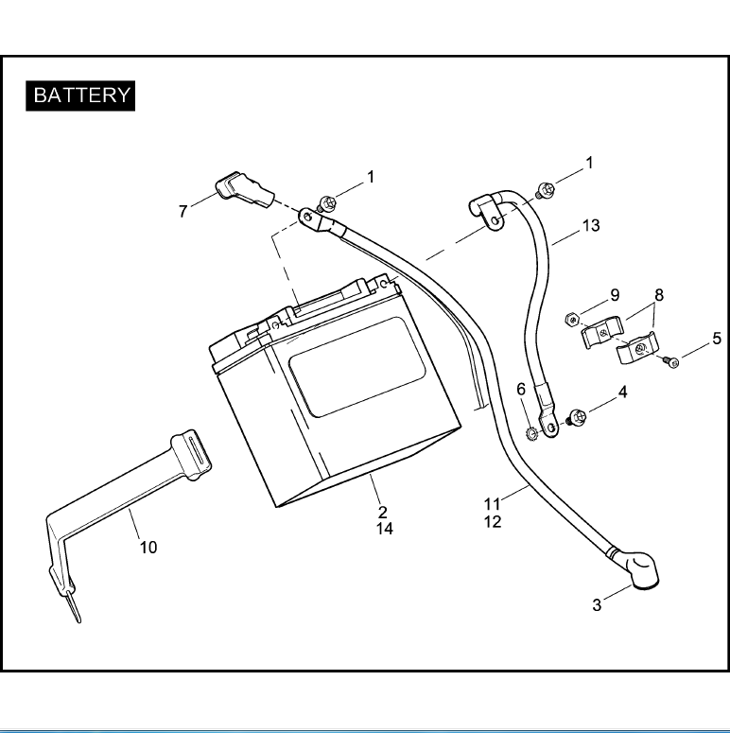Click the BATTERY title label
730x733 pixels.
81,96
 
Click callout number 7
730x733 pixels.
182,212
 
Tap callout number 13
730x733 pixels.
591,226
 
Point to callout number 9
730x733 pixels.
614,295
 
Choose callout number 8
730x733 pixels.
659,295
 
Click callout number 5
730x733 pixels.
717,338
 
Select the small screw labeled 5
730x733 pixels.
673,361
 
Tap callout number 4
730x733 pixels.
621,391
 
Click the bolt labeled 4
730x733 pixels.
575,414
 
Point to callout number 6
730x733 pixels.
520,390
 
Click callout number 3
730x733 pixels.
597,605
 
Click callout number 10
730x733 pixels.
148,547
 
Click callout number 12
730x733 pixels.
493,522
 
